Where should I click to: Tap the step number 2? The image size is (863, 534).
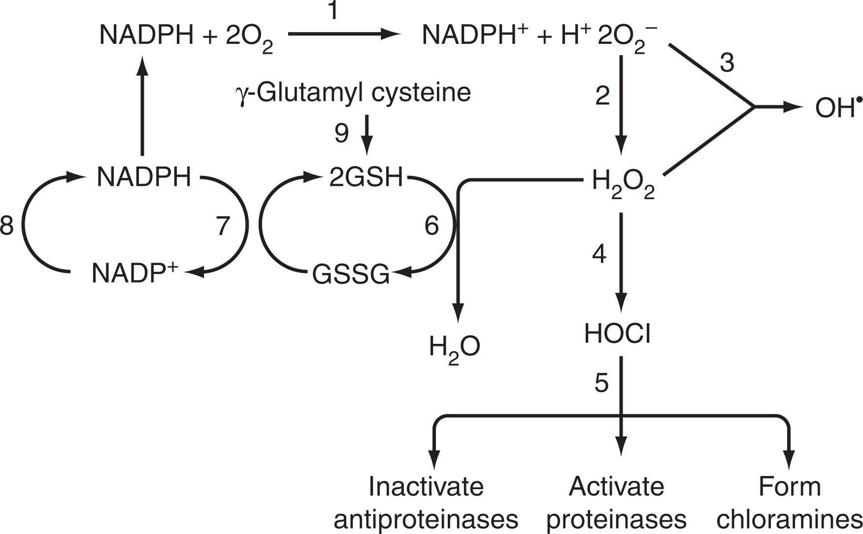click(602, 96)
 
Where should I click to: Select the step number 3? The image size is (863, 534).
click(727, 63)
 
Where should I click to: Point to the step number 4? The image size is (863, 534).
click(598, 254)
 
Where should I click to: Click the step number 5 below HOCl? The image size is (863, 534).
click(601, 383)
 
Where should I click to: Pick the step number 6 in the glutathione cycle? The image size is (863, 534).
click(431, 226)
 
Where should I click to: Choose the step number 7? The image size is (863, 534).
click(223, 226)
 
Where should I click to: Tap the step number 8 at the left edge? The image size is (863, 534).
click(6, 226)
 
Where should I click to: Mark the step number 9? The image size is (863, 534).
click(341, 133)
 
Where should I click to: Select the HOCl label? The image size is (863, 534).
click(617, 334)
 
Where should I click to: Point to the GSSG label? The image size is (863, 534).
click(351, 275)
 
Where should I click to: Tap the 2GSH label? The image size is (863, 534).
click(365, 178)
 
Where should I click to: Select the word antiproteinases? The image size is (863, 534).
click(426, 519)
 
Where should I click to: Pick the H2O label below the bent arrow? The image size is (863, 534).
click(454, 347)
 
